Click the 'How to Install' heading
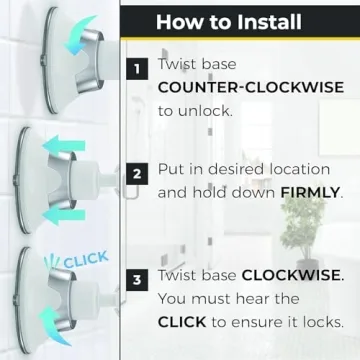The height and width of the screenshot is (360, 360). coord(229,22)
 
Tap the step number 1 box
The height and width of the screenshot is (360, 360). coord(137,69)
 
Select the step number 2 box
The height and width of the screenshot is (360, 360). coord(137,174)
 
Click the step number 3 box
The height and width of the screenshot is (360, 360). coord(137,280)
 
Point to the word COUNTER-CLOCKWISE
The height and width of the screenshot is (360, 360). coord(251,88)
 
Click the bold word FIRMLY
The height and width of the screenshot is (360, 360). coord(310,193)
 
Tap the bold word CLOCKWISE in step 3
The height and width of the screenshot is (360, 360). coord(290,275)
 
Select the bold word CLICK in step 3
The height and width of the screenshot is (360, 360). coord(182,322)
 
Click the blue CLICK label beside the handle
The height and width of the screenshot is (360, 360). coord(86,260)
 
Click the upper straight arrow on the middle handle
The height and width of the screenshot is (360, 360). coord(64,145)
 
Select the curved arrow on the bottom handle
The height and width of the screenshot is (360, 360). coord(54,324)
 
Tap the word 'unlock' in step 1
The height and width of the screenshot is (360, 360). coord(204,111)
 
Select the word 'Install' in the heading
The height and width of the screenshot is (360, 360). coord(269,22)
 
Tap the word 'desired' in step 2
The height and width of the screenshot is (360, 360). coord(237,169)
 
